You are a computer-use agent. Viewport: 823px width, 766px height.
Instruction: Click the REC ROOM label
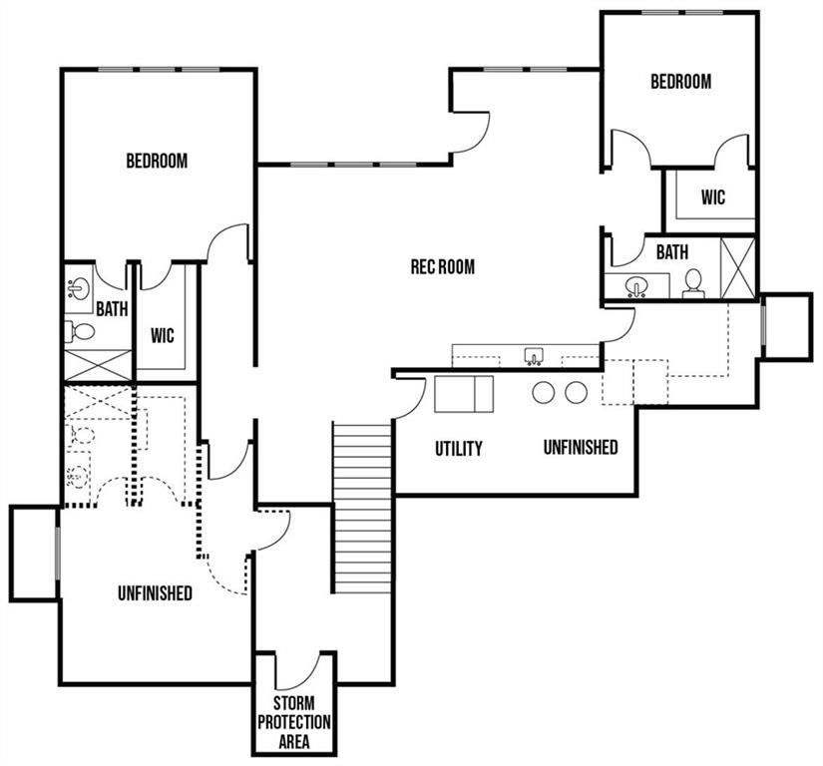tap(443, 266)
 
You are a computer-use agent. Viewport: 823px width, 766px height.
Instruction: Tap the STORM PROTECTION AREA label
tap(294, 722)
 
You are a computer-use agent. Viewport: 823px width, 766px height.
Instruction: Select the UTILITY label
tap(458, 448)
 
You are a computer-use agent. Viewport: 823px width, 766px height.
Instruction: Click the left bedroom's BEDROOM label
tap(157, 160)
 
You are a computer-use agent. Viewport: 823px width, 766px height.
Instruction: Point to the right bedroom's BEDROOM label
tap(680, 82)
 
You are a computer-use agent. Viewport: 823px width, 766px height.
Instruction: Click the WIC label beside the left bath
tap(163, 335)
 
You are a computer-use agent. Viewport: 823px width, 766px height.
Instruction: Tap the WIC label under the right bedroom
tap(713, 197)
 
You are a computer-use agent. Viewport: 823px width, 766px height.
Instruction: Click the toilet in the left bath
tap(80, 331)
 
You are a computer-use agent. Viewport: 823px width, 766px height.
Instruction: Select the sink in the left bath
tap(79, 289)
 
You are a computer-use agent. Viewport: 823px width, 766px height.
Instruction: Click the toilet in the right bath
tap(693, 283)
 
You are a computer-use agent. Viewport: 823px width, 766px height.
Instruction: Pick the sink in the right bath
tap(636, 286)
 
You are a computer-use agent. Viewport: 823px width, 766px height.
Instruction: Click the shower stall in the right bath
tap(737, 268)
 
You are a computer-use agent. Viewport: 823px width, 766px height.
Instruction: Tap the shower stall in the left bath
tap(98, 365)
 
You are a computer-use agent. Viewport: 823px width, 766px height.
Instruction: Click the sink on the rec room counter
tap(534, 356)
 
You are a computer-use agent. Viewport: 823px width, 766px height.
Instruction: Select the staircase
tap(363, 508)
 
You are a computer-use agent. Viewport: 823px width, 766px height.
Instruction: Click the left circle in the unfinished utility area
tap(544, 392)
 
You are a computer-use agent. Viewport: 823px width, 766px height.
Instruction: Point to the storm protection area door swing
tap(299, 670)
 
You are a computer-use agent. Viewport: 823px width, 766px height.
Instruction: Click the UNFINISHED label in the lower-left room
tap(155, 592)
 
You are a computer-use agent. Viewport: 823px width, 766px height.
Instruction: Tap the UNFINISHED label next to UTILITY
tap(581, 447)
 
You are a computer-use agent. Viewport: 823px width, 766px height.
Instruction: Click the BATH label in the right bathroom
tap(672, 252)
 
